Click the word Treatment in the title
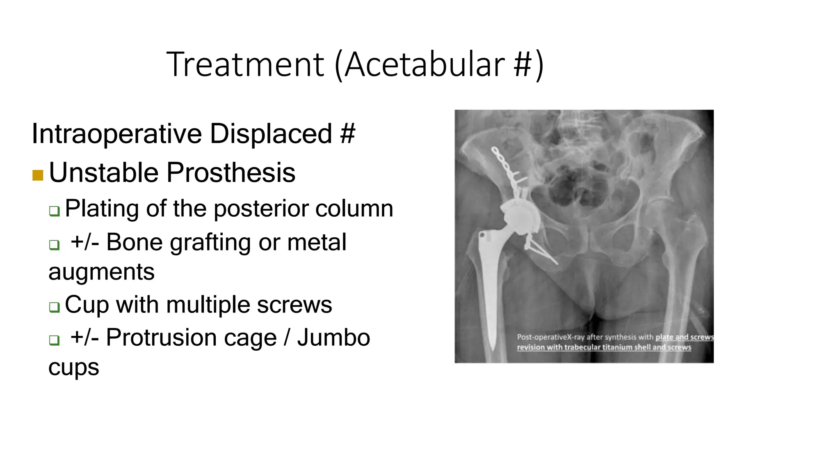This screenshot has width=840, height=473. point(245,64)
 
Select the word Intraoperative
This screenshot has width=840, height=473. point(116,134)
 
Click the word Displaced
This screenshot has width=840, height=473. point(271,134)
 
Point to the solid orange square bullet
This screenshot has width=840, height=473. point(38,175)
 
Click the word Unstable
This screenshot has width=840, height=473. point(103,172)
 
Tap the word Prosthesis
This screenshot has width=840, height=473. point(231,172)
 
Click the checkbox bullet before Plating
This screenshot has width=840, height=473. point(54,211)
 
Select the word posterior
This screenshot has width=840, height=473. point(262,209)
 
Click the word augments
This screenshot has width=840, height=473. point(101,272)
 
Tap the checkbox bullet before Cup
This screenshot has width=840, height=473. point(54,307)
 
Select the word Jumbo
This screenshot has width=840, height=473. point(333,338)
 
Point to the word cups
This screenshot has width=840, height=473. point(73,367)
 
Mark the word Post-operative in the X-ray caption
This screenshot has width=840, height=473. point(541,337)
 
